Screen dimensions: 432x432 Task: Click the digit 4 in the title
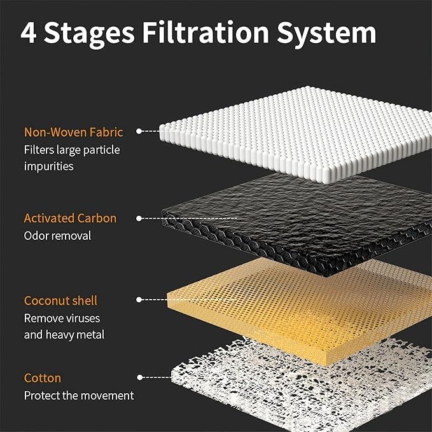[x=29, y=32]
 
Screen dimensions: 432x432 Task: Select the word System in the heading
[x=326, y=34]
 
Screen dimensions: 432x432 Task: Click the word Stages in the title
[x=89, y=34]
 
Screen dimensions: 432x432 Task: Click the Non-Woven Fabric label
[x=73, y=132]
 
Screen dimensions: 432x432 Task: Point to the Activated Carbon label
[x=70, y=218]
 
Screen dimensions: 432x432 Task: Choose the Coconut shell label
[x=60, y=300]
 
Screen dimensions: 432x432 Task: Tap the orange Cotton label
[x=43, y=378]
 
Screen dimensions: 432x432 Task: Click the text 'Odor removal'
[x=57, y=236]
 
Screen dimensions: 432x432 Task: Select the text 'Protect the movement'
[x=79, y=396]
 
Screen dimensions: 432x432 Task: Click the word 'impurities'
[x=49, y=167]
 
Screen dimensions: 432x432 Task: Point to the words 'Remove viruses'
[x=62, y=319]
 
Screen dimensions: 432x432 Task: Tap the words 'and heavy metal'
[x=64, y=335]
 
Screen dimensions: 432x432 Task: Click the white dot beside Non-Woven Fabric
[x=139, y=131]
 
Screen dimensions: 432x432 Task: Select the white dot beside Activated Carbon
[x=139, y=218]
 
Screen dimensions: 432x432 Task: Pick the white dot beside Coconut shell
[x=139, y=300]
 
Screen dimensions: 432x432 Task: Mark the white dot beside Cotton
[x=140, y=377]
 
